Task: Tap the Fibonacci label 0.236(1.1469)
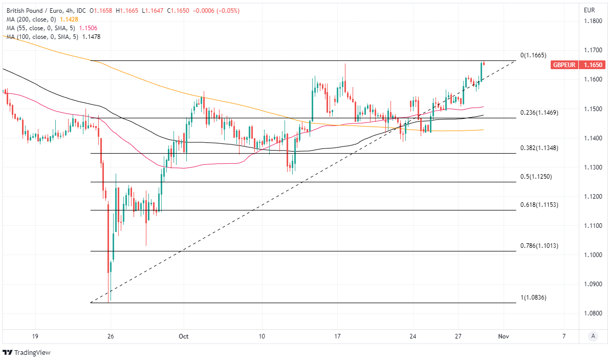539,113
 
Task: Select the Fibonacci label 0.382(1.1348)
539,148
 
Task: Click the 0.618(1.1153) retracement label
539,205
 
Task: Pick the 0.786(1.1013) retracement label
539,246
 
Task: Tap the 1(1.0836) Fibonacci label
533,298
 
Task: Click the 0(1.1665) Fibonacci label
533,55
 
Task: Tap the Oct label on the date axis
184,336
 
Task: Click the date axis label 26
111,336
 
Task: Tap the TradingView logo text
29,353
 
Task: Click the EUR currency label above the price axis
589,10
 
